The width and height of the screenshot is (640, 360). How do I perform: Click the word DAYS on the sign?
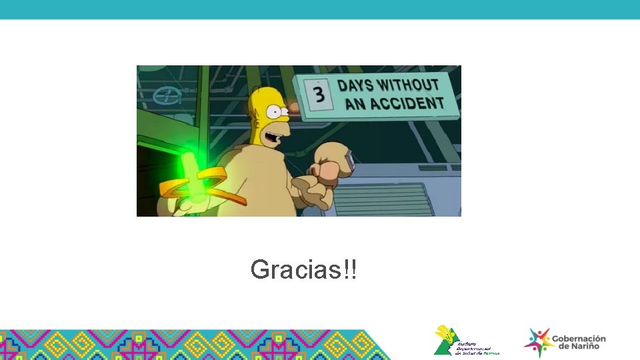click(355, 86)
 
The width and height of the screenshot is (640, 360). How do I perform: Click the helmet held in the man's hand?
click(333, 164)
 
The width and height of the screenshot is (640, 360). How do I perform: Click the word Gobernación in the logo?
click(579, 339)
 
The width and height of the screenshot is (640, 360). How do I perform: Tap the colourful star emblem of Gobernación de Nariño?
click(537, 342)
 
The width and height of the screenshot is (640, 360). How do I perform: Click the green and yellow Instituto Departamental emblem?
click(445, 340)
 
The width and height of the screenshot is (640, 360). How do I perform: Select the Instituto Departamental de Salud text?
click(477, 347)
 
